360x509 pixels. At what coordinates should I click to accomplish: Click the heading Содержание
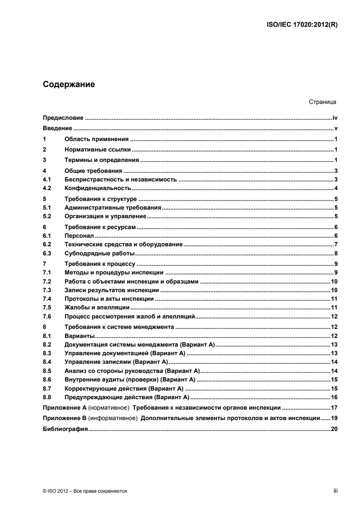click(x=69, y=84)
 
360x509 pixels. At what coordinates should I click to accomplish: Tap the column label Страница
click(x=321, y=103)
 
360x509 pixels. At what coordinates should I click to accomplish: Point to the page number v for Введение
click(x=335, y=128)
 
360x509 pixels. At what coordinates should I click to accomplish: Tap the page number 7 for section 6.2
click(x=335, y=245)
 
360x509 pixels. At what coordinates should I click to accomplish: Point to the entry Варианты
click(x=79, y=336)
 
